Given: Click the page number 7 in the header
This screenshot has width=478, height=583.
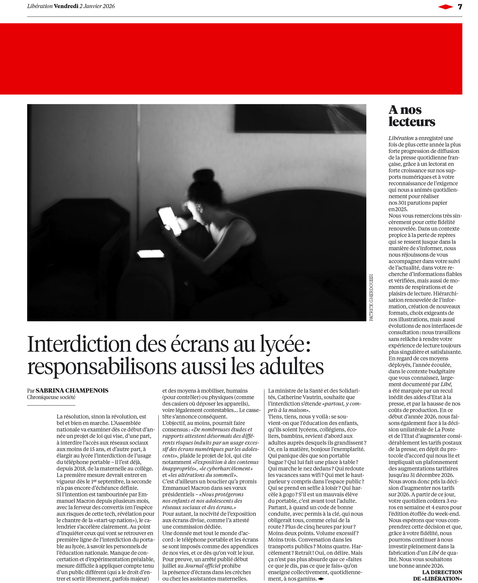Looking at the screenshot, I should point(460,7).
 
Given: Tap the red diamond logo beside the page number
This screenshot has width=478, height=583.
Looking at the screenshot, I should point(445,7).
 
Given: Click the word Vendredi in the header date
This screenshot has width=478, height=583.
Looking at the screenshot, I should point(66,6).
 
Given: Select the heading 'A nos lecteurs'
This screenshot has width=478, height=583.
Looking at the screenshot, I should point(411,116).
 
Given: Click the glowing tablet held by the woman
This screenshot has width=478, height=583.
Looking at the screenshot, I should point(169,221).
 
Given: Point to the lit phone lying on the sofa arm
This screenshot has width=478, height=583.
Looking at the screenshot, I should point(151,253).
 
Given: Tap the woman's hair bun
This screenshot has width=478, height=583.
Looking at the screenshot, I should point(203,176).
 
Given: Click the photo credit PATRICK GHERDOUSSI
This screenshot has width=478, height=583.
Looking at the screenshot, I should point(371,297).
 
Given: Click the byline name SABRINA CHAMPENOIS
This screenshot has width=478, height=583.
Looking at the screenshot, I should point(72,390).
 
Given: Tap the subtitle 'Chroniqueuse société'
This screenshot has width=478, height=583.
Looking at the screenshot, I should point(51,397).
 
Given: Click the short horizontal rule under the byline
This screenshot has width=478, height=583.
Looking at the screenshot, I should point(51,405).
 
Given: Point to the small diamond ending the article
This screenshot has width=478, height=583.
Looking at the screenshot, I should point(321,579).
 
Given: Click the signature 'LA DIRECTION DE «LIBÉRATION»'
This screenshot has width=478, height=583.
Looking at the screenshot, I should point(438,575).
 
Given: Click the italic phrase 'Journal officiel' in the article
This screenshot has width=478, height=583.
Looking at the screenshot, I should point(202,566).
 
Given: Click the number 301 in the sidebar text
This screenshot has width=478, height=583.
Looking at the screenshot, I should point(402,203).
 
